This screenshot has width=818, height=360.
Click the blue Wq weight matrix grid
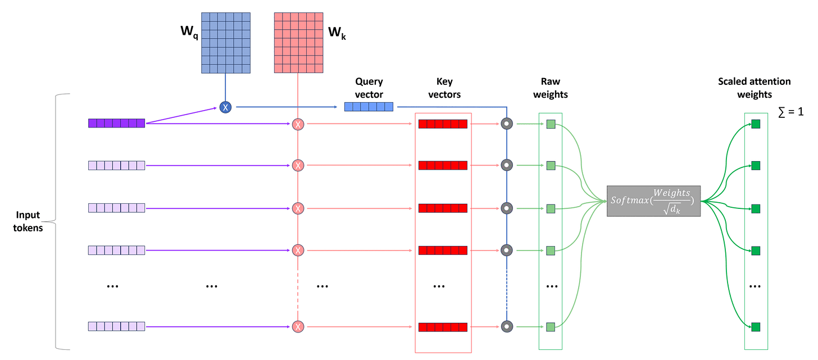225,42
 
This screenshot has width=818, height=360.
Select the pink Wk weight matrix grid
298,42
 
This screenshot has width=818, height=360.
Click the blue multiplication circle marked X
225,106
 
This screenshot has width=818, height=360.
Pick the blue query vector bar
369,107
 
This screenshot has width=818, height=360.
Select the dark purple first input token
117,123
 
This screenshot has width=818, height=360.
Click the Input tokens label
28,221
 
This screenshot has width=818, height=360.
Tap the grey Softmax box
653,200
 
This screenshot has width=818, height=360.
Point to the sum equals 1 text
791,112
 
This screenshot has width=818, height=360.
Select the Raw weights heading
550,88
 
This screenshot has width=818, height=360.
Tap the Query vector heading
369,88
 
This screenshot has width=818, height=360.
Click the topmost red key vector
443,124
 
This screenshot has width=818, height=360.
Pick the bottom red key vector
443,327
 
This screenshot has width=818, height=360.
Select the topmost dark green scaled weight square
756,124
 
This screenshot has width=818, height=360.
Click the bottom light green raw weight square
551,327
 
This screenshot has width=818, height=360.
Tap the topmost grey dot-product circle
507,124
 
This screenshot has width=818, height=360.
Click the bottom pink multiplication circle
298,327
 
